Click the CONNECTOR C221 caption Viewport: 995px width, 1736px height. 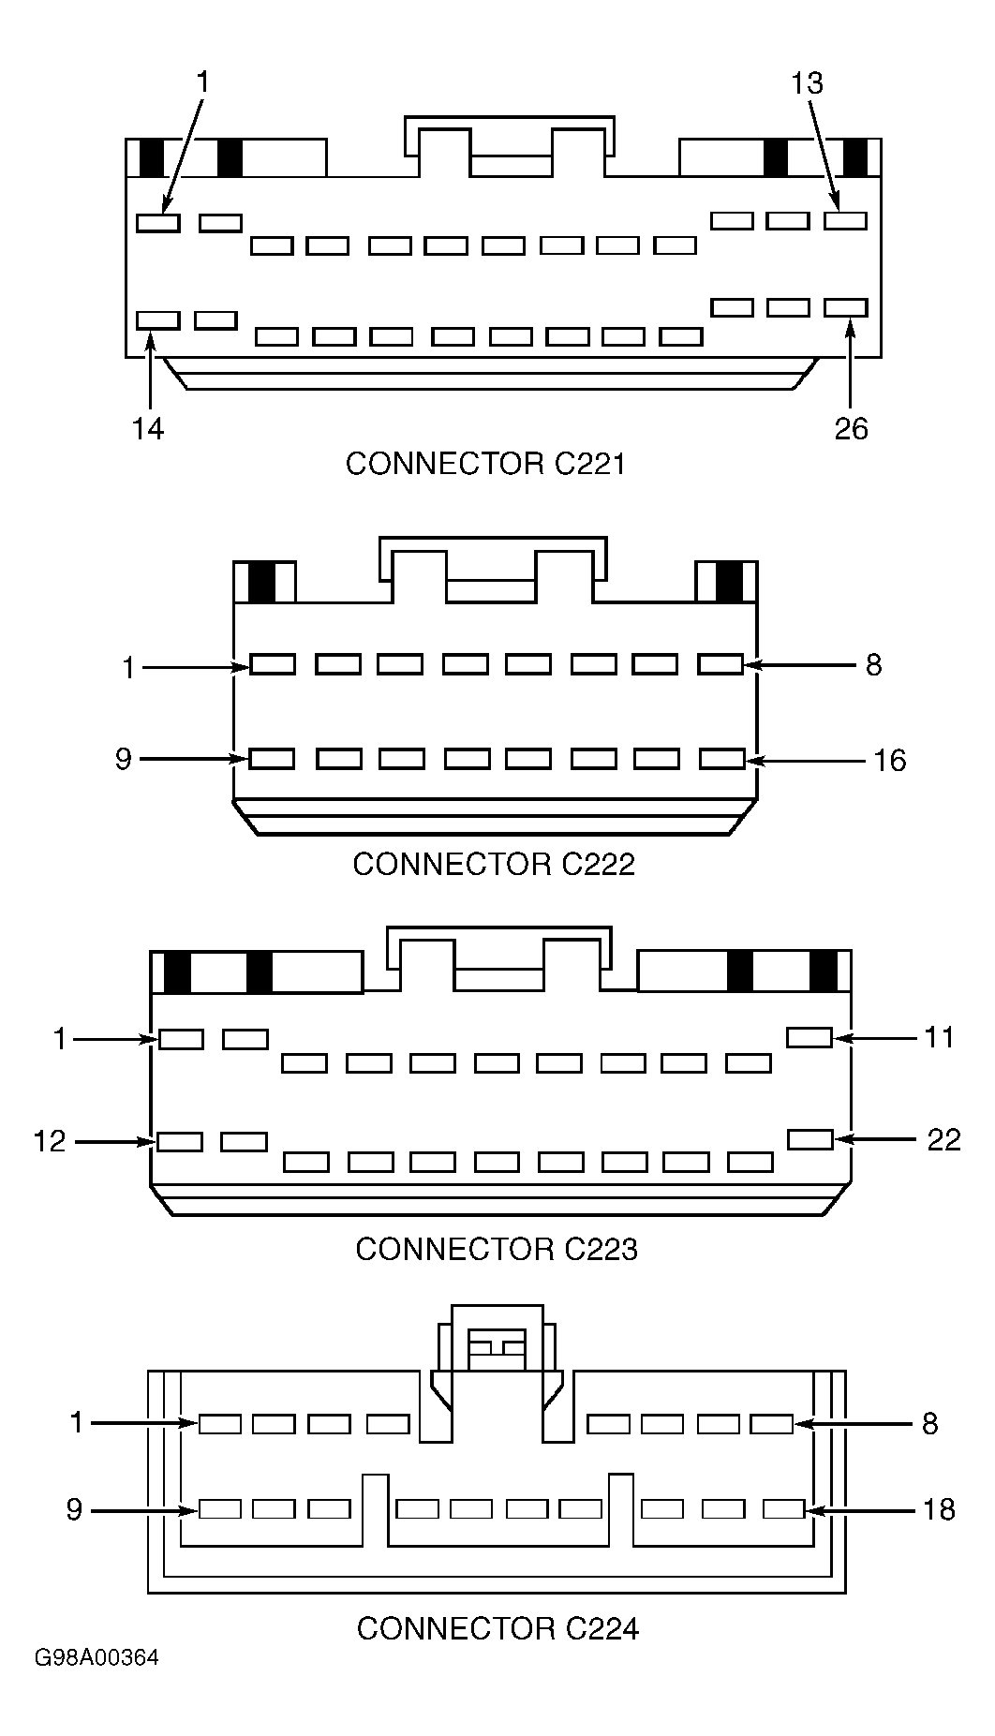pos(484,464)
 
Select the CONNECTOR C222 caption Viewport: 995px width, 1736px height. pos(494,864)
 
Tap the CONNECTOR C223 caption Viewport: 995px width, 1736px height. pos(497,1249)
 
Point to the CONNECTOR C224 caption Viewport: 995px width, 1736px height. pos(497,1628)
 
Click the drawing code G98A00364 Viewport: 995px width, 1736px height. pos(97,1684)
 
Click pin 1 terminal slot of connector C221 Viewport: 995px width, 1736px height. pos(157,223)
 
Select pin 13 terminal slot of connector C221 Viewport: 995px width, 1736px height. pos(846,221)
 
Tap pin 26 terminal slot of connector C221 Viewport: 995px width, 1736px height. pos(846,307)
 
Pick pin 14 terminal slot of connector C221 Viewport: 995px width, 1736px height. pos(157,320)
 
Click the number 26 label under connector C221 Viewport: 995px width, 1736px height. pos(852,428)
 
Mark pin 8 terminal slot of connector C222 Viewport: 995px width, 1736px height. pos(721,664)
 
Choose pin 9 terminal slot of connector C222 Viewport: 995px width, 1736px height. pos(273,758)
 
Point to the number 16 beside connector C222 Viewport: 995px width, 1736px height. pos(890,760)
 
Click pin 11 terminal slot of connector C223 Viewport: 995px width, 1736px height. pos(809,1037)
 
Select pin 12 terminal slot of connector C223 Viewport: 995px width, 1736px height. pos(180,1141)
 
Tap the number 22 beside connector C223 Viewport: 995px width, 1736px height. pos(944,1139)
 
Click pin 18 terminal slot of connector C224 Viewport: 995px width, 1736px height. pos(784,1509)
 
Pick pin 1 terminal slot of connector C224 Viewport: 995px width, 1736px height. pos(220,1424)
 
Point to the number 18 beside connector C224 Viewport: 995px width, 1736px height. pos(938,1510)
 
